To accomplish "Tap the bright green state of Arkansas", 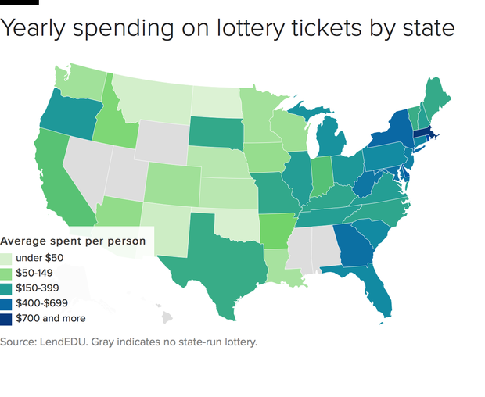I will point(277,227).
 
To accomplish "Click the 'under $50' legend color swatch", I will point(6,258).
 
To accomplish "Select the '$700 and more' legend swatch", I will point(6,318).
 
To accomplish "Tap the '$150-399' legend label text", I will point(39,288).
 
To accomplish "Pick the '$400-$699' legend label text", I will point(42,303).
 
